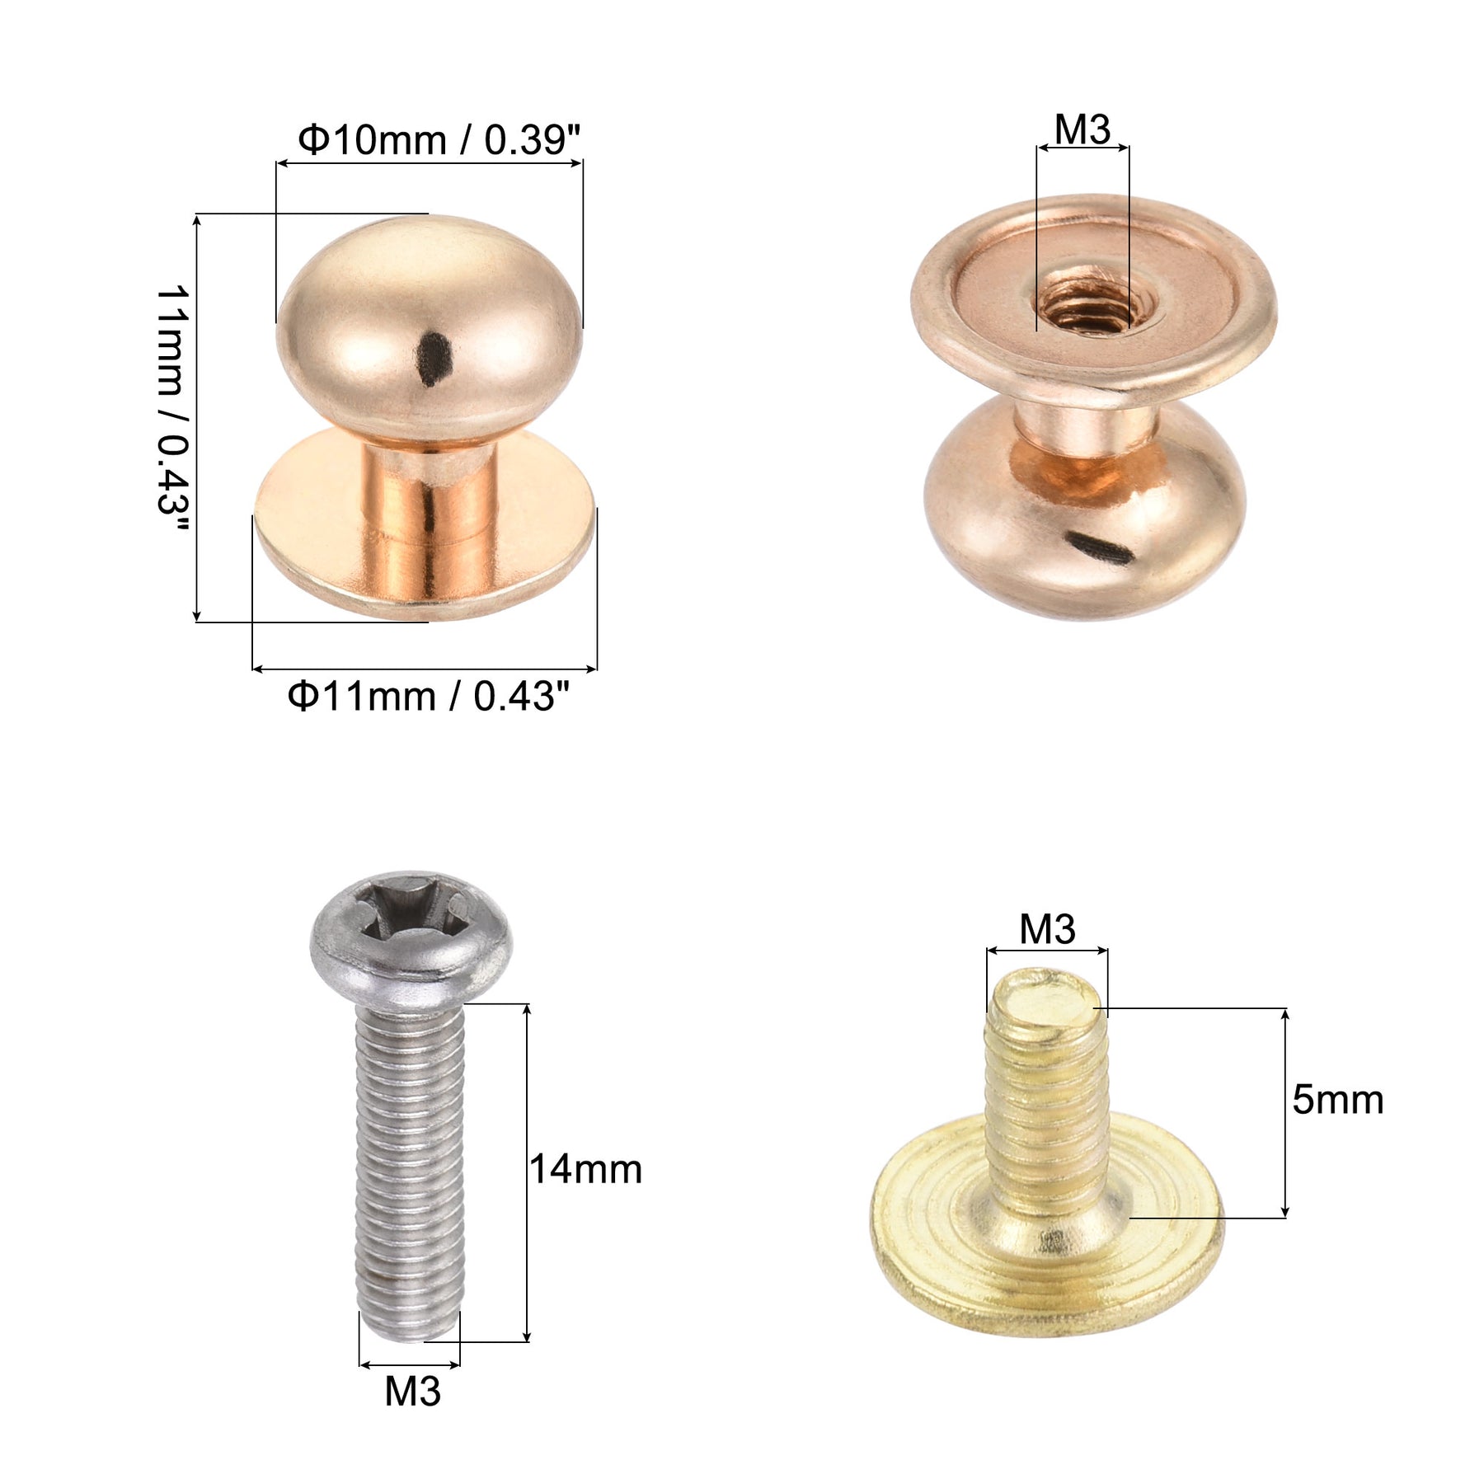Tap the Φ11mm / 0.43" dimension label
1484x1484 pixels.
(429, 696)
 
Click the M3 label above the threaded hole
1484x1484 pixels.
(1082, 129)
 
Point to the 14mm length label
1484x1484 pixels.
(585, 1169)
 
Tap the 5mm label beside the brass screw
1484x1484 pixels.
(1337, 1100)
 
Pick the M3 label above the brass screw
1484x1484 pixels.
(1047, 929)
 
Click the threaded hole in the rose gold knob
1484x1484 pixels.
(1083, 303)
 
